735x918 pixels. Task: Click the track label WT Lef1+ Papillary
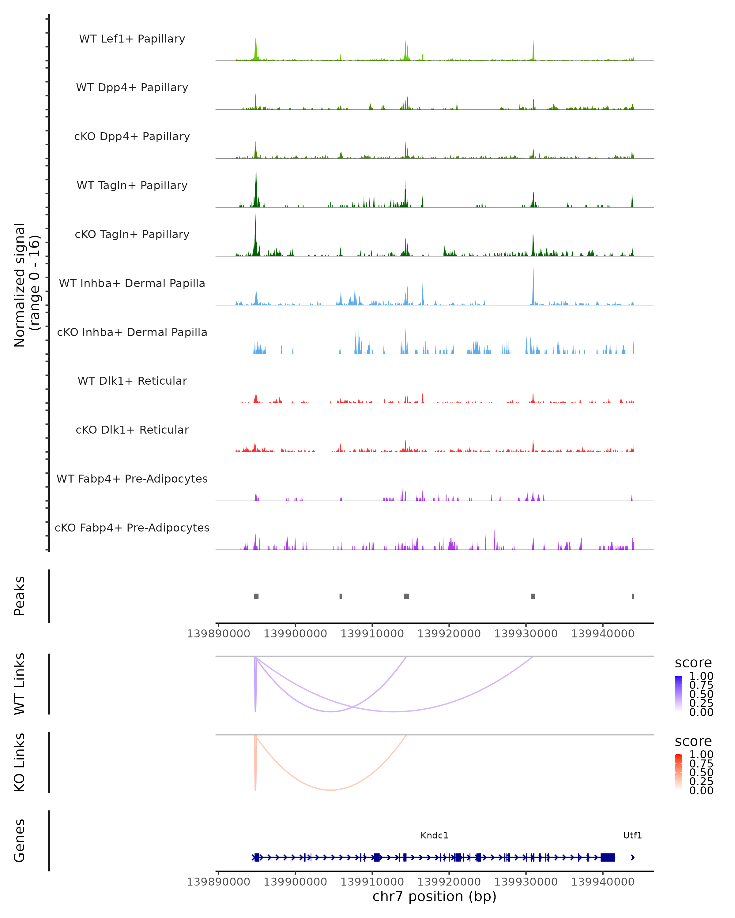coord(132,39)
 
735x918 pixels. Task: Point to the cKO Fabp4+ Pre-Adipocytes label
coord(132,528)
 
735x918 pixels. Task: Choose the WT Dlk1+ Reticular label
coord(132,381)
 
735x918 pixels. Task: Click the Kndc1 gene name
coord(434,835)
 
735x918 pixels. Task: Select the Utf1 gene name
coord(632,835)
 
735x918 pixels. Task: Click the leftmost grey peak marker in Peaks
coord(256,596)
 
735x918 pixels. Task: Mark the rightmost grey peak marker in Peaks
coord(633,596)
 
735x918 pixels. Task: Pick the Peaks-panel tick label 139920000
coord(449,634)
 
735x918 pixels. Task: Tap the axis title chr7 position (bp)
coord(434,896)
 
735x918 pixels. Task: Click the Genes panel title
coord(20,841)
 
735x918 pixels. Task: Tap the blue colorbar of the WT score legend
coord(678,694)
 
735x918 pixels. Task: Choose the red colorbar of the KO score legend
coord(678,772)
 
